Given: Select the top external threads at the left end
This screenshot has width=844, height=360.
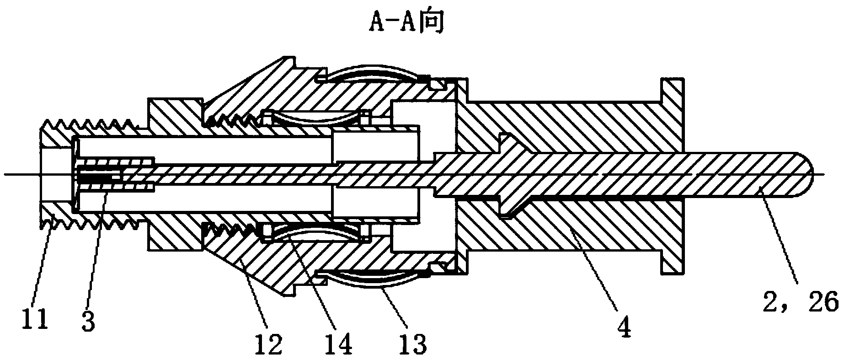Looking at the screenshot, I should [x=91, y=124].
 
